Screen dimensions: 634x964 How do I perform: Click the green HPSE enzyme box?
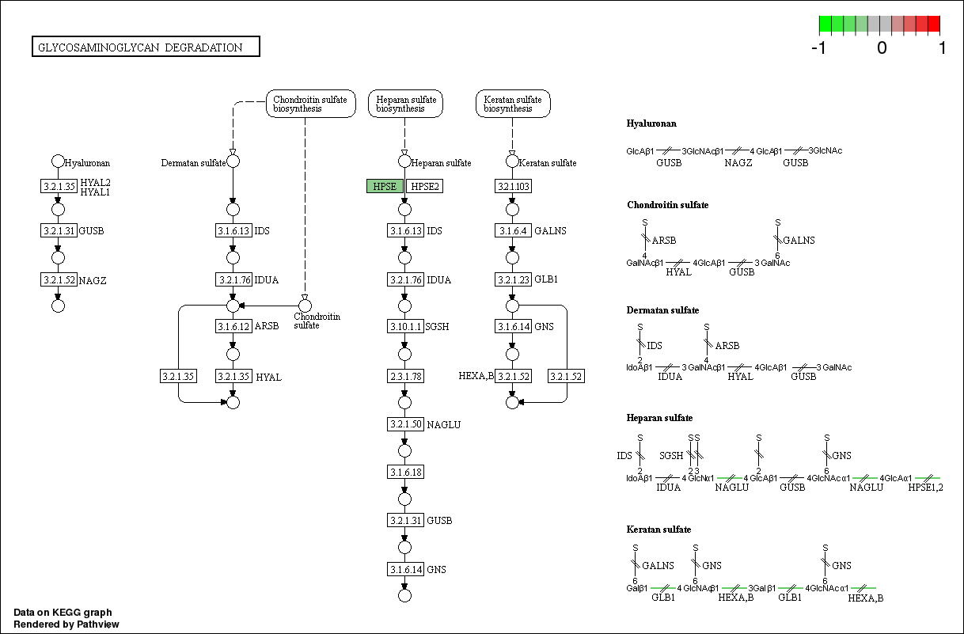[x=385, y=186]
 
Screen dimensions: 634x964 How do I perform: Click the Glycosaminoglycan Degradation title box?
[x=146, y=47]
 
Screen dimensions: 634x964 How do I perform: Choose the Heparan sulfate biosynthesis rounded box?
[x=406, y=104]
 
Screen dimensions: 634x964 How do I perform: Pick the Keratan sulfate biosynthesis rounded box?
[x=513, y=104]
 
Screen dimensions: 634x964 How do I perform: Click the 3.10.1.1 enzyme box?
[x=405, y=327]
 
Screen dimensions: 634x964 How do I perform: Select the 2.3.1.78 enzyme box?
[x=405, y=376]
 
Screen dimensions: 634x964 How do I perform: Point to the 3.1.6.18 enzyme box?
[x=405, y=472]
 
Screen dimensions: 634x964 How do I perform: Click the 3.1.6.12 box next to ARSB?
[x=233, y=326]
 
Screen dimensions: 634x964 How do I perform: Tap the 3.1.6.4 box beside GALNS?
[x=512, y=230]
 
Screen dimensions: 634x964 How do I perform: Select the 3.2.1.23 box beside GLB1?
[x=512, y=279]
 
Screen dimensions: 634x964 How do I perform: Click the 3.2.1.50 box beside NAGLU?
[x=405, y=424]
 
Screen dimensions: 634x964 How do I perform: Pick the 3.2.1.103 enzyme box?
[x=512, y=186]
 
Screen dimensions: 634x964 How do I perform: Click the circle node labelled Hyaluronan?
[x=58, y=161]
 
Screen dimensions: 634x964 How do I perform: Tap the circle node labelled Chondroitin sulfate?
[x=306, y=306]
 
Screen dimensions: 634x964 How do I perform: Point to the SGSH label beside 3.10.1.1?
[x=438, y=327]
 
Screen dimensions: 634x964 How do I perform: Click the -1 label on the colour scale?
[x=819, y=47]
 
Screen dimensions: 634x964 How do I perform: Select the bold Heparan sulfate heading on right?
[x=659, y=418]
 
